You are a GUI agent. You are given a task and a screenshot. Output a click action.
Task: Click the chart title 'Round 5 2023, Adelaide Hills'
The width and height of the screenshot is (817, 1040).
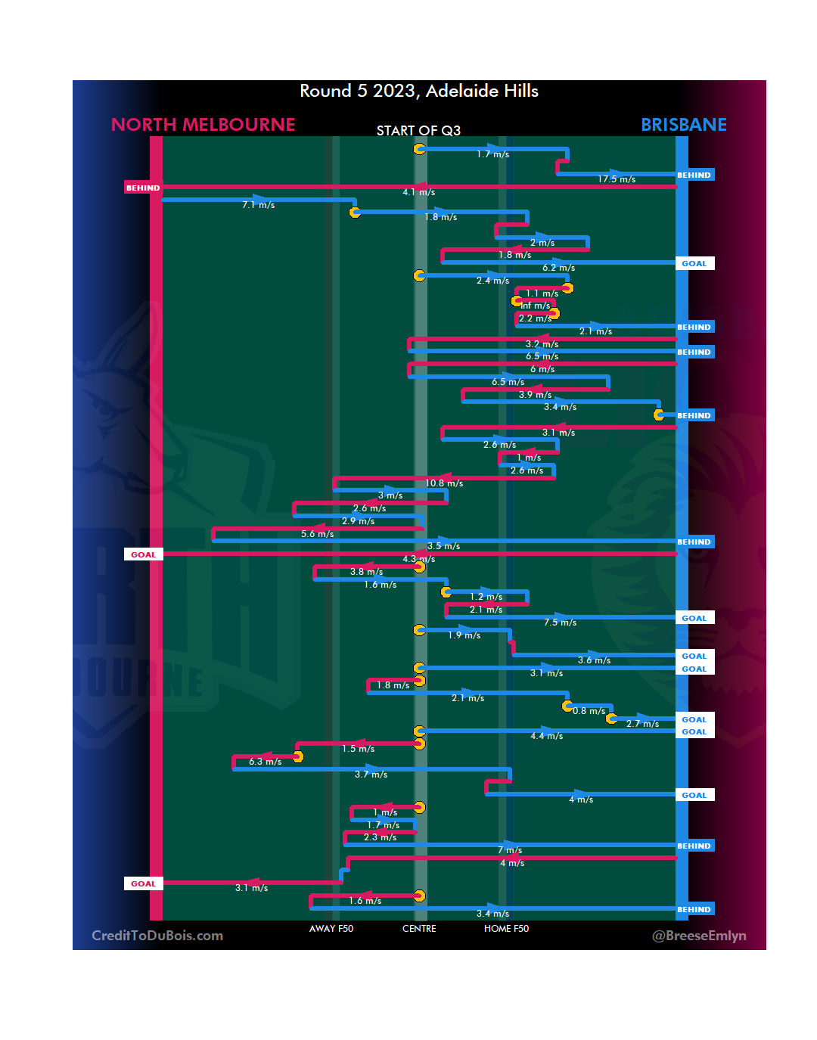(418, 91)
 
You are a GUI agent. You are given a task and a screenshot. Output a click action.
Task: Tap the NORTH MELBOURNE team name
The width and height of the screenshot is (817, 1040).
(203, 125)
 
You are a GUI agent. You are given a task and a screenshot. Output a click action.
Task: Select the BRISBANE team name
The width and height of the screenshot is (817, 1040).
(683, 125)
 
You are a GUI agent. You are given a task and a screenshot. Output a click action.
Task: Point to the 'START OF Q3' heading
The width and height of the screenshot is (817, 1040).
(418, 131)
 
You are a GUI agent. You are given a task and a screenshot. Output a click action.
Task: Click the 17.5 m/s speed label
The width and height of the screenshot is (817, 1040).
(617, 179)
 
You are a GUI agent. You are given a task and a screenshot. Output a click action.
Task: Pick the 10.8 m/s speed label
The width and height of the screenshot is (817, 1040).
(444, 483)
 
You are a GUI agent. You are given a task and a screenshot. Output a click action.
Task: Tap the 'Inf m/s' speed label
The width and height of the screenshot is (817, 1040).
(536, 306)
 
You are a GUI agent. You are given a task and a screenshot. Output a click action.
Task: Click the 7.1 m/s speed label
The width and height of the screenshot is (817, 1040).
(259, 205)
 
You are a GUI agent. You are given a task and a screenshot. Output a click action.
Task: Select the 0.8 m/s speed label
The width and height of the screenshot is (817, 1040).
(589, 711)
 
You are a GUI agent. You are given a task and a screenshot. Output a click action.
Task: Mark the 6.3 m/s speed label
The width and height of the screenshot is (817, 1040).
(266, 762)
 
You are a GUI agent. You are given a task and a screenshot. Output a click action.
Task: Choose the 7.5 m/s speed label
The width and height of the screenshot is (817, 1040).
(561, 622)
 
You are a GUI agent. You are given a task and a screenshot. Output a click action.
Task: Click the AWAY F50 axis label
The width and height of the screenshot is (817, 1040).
(331, 929)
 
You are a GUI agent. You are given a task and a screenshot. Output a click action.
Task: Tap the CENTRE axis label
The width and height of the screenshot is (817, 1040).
(419, 929)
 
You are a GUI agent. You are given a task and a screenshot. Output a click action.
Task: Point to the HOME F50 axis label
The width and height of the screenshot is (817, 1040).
(506, 929)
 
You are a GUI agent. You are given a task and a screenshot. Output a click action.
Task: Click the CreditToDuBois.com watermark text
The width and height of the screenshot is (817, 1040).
(157, 936)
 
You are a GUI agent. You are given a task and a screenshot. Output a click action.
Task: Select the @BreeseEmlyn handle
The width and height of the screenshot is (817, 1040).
(699, 936)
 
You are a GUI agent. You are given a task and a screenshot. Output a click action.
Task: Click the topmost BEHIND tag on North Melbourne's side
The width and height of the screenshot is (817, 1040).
(143, 188)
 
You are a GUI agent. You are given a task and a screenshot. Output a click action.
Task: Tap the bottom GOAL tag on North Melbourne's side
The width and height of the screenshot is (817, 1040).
(143, 883)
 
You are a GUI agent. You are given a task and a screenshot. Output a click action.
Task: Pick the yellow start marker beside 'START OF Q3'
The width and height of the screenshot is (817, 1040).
(419, 149)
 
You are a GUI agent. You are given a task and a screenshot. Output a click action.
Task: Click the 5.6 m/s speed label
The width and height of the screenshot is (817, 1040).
(318, 534)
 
